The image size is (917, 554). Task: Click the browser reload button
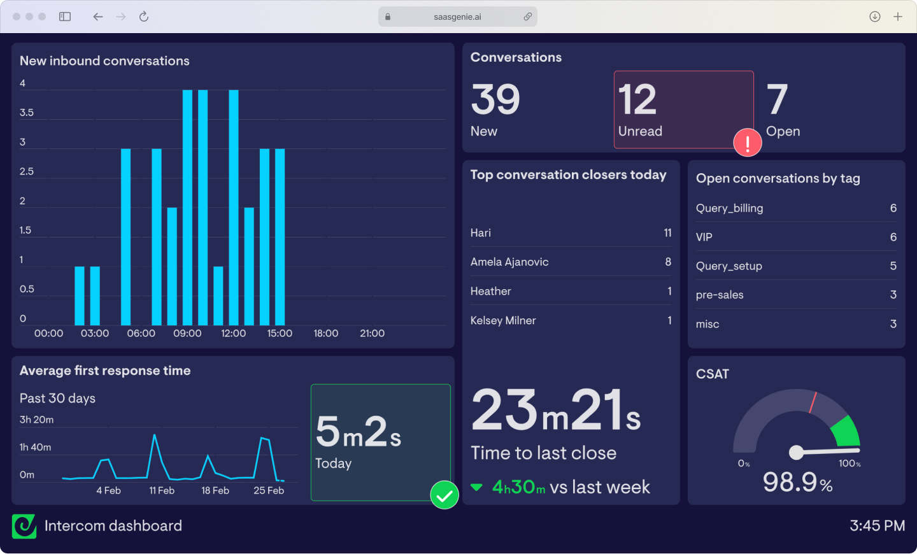[x=144, y=17]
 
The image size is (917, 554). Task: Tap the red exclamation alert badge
[x=748, y=143]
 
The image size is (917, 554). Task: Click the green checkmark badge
[x=444, y=495]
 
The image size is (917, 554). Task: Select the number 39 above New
[x=495, y=100]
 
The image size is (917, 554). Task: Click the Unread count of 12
[x=637, y=100]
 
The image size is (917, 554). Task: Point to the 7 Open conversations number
[x=777, y=100]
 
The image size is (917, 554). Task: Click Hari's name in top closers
[x=481, y=233]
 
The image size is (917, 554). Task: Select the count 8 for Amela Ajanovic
[x=668, y=262]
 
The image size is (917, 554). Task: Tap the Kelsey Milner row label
[x=503, y=320]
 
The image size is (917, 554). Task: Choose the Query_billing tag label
[x=729, y=208]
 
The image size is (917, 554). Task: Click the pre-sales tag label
[x=720, y=295]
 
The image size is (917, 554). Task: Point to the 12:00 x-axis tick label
[x=233, y=333]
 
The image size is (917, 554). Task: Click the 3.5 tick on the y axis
[x=27, y=113]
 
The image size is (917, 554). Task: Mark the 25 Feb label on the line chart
[x=269, y=490]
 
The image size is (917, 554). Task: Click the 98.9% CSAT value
[x=797, y=483]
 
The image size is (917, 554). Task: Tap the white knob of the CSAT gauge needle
[x=796, y=452]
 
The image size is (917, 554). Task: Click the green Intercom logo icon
[x=24, y=526]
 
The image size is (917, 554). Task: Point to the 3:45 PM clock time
[x=877, y=526]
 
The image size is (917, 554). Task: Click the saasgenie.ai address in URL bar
[x=457, y=17]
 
